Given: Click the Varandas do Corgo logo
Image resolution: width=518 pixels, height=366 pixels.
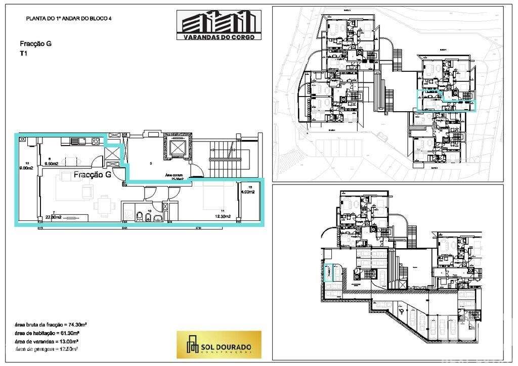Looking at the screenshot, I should click(x=219, y=25).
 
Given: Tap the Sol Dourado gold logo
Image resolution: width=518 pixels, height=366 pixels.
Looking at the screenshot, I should click(x=219, y=345).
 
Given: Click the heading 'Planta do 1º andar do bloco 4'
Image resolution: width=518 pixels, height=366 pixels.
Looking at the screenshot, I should click(x=68, y=19).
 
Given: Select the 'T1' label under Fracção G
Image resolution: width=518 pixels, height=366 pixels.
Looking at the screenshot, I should click(x=24, y=53).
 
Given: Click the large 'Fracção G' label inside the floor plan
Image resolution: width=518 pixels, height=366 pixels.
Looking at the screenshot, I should click(x=93, y=175).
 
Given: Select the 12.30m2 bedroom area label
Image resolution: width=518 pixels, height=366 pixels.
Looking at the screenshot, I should click(x=223, y=216).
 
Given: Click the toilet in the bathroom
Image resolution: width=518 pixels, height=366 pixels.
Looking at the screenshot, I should click(x=139, y=216).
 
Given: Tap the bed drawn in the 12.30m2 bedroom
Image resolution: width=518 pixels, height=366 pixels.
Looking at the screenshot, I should click(x=212, y=197).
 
